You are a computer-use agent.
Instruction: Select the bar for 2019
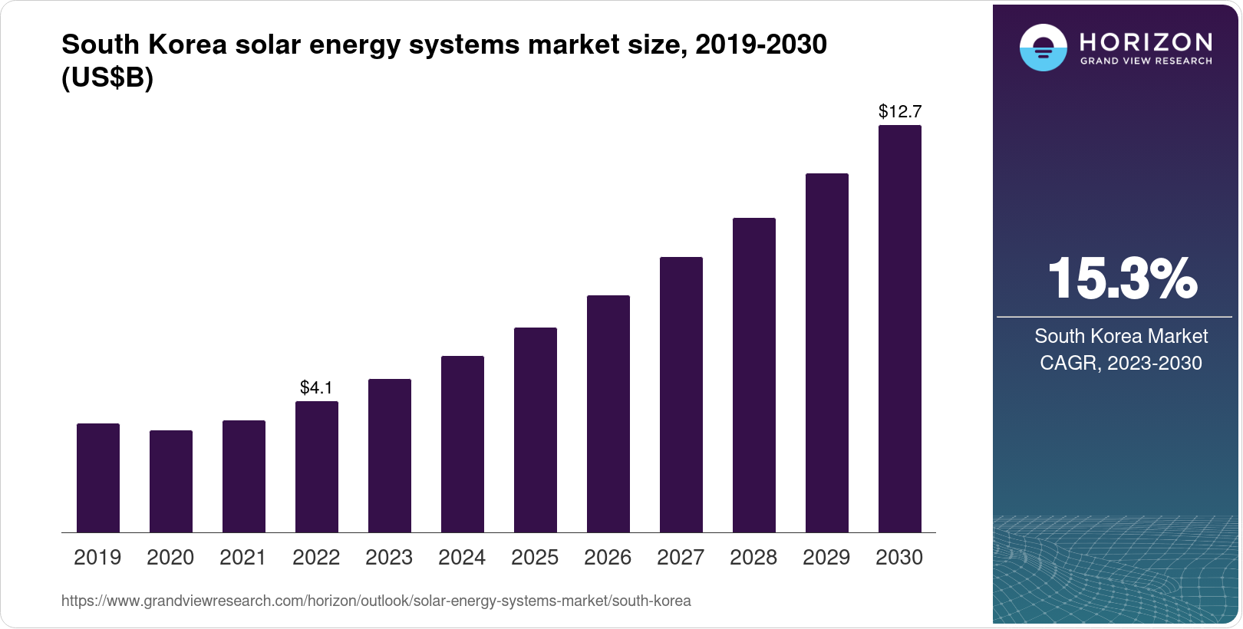(98, 478)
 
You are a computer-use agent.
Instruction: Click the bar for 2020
(171, 482)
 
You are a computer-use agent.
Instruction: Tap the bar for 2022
(317, 467)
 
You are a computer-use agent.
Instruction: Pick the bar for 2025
(536, 430)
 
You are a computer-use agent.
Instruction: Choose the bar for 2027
(681, 395)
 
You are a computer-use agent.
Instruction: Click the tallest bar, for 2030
(900, 329)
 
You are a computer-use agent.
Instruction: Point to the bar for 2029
(827, 353)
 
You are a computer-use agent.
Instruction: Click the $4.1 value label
(316, 388)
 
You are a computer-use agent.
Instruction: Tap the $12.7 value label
(900, 112)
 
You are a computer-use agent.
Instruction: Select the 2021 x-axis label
(243, 558)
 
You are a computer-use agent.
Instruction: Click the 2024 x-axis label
(462, 558)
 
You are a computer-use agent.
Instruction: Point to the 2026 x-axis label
(608, 558)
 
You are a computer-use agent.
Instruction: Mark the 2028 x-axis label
(753, 558)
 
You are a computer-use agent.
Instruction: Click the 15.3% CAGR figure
(1121, 278)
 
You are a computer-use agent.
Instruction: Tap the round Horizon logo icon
(1043, 48)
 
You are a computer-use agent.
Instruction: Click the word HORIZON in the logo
(1146, 41)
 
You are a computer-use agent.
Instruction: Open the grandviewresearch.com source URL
(376, 601)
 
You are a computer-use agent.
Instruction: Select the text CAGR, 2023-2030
(1121, 363)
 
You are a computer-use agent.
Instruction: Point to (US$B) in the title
(107, 78)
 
